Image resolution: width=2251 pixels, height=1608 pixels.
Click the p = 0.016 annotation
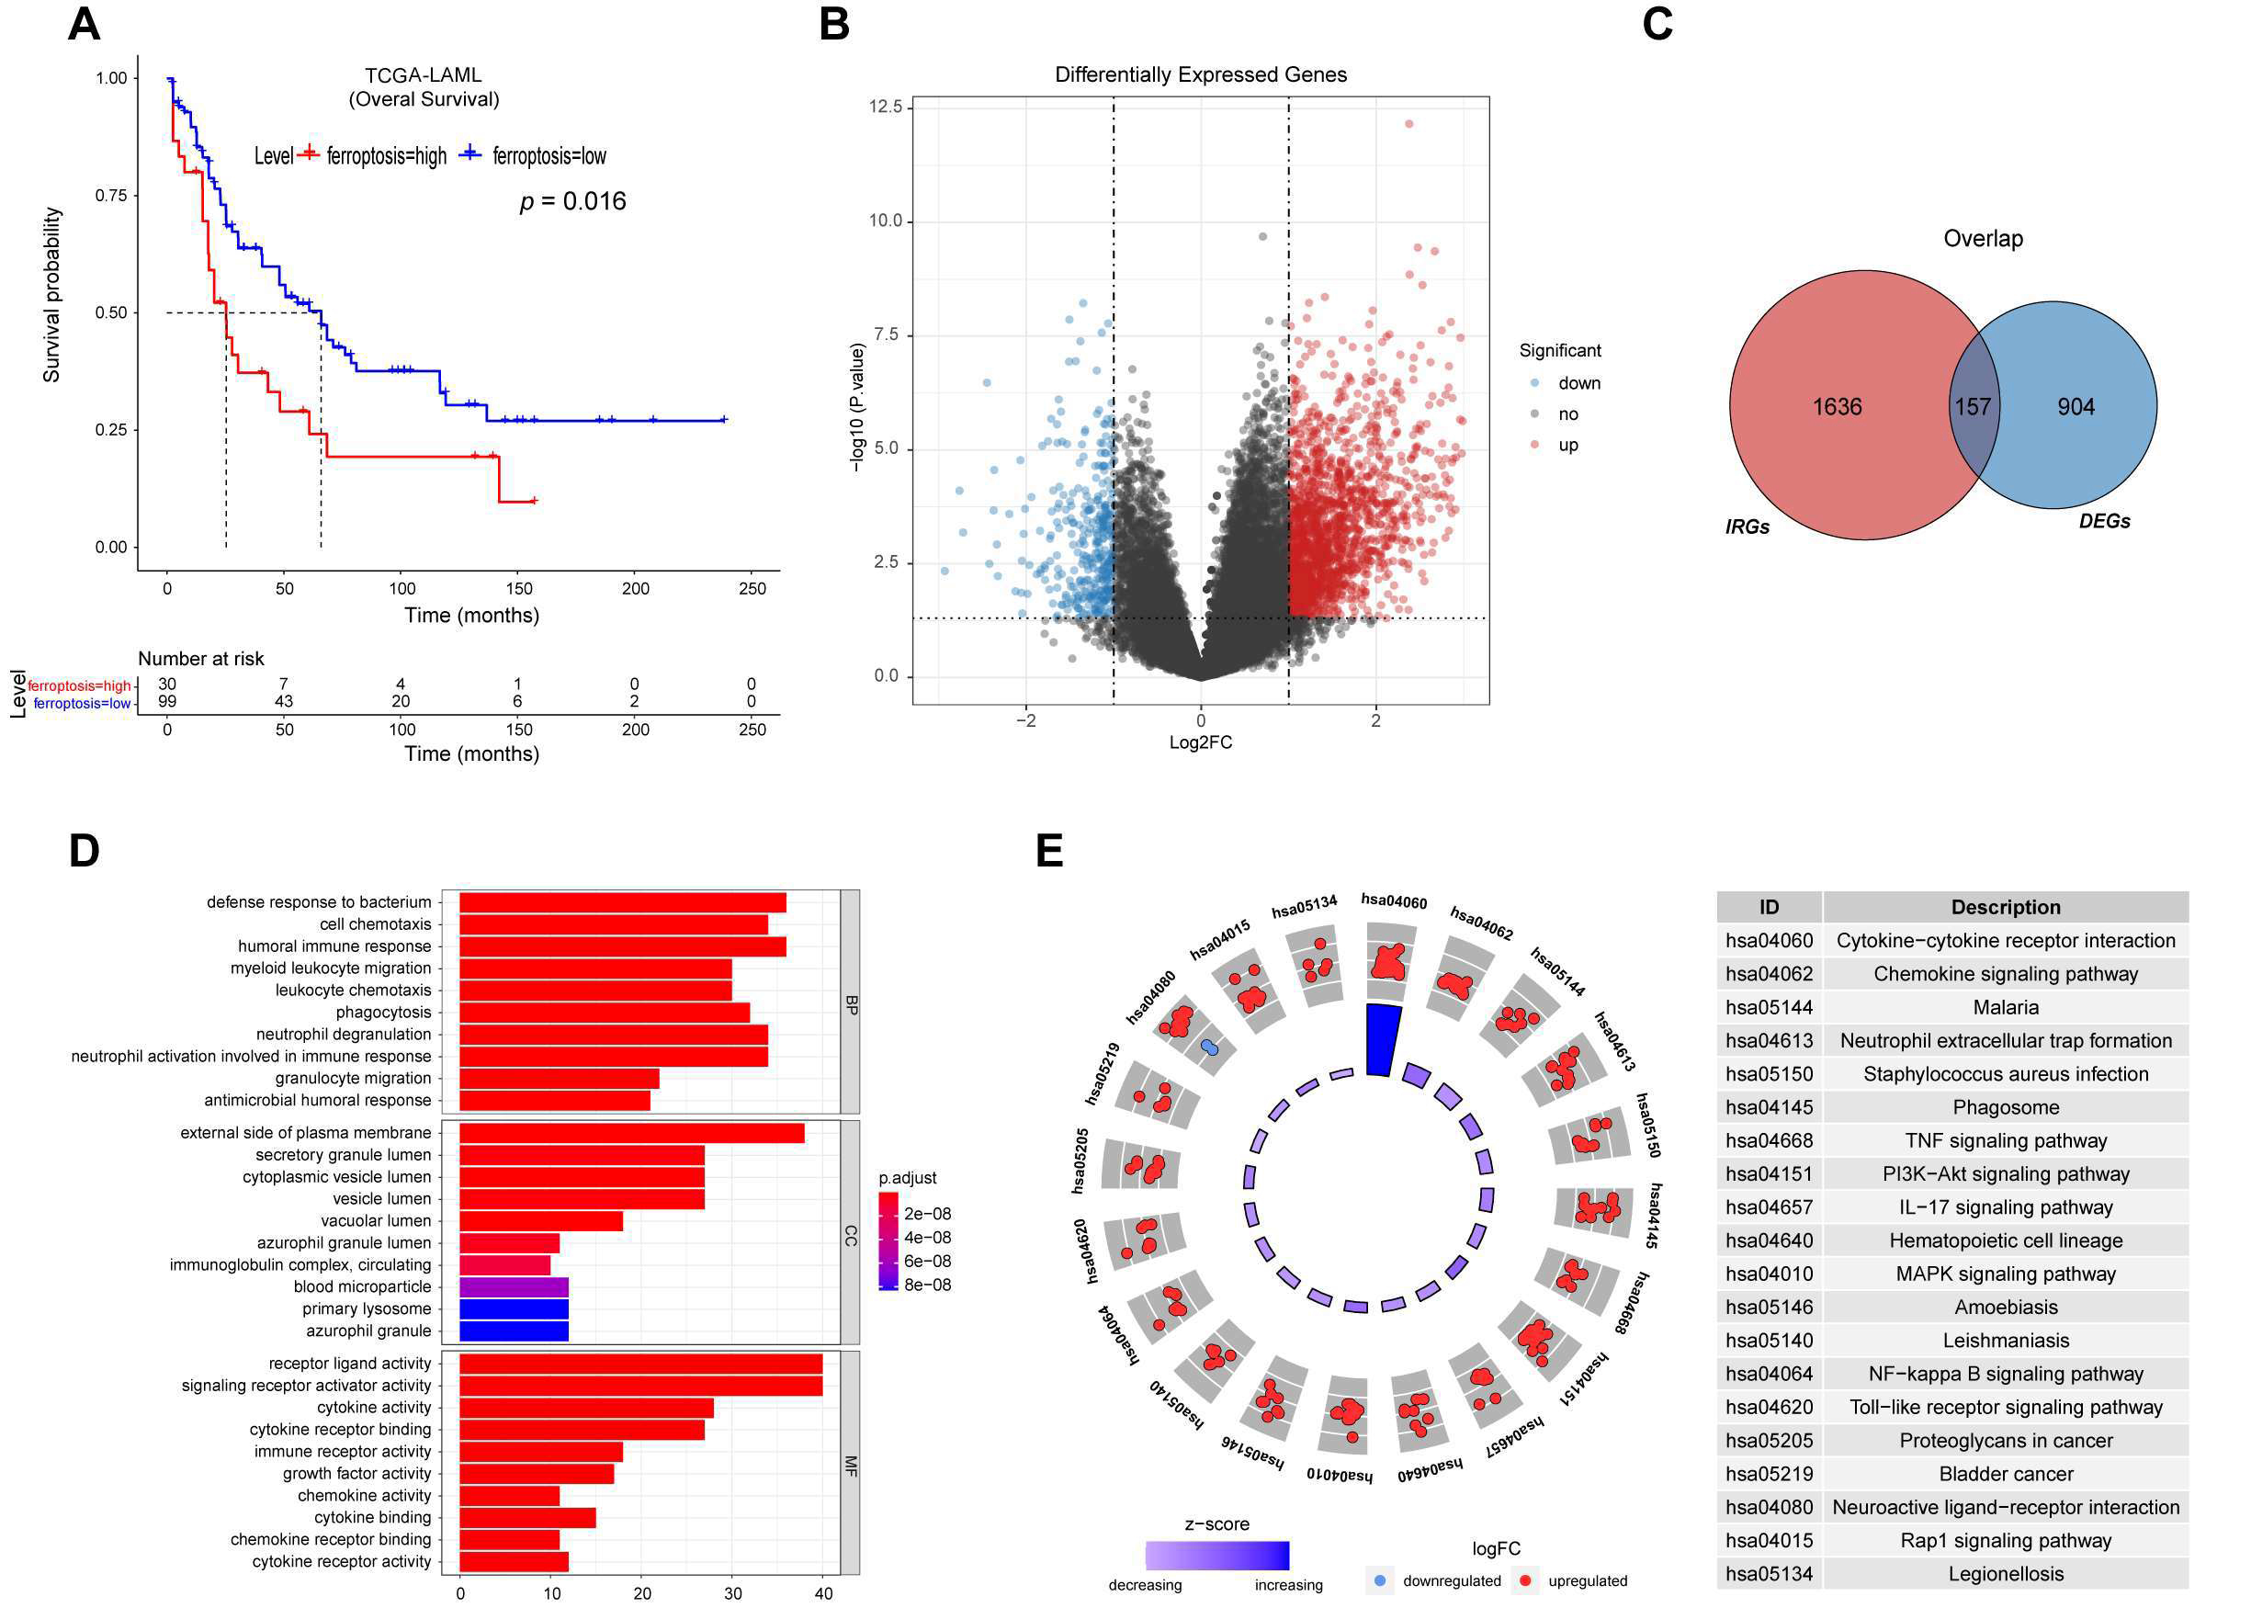click(572, 202)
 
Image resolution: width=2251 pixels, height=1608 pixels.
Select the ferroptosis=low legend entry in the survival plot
click(549, 156)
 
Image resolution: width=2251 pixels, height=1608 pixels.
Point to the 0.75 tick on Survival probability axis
click(111, 196)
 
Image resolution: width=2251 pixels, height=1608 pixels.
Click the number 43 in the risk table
click(284, 701)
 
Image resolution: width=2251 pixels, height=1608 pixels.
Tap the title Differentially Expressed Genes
click(1200, 75)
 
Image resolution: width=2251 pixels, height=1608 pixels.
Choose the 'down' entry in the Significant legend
click(1578, 383)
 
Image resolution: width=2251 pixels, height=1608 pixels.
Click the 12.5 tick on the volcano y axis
click(885, 107)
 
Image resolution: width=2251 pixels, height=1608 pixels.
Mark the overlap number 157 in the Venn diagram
click(1972, 407)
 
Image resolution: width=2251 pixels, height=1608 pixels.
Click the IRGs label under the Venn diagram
click(1748, 527)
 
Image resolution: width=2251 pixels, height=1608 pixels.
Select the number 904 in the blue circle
click(2076, 407)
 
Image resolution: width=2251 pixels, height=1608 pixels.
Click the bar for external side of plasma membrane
click(631, 1133)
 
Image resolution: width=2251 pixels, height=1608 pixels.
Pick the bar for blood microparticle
click(514, 1287)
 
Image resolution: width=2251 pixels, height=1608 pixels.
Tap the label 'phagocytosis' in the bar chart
click(383, 1012)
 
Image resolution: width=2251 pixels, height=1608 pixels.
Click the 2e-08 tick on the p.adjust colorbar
click(928, 1214)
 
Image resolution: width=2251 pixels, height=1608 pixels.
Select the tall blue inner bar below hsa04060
click(1383, 1039)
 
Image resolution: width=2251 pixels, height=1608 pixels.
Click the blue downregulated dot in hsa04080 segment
click(1209, 1047)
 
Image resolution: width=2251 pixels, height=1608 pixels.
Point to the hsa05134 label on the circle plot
click(1304, 905)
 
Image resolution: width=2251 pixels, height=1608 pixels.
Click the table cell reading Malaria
click(2006, 1007)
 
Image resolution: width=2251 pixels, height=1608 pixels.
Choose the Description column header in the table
click(2006, 907)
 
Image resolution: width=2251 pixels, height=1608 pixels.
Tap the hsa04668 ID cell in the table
click(1769, 1140)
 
